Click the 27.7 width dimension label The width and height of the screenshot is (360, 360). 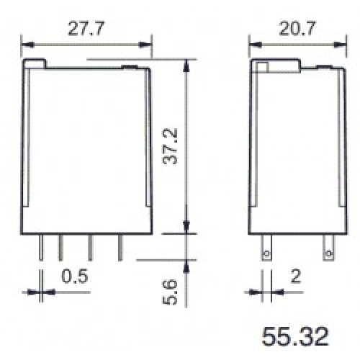coord(86,29)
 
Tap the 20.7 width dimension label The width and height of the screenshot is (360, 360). coord(297,29)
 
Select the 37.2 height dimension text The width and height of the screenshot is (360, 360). coord(170,146)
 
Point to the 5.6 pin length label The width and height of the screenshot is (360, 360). coord(170,292)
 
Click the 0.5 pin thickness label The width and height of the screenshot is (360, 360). coord(75,276)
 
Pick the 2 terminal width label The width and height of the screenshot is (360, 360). coord(295,276)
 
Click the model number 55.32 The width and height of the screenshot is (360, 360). coord(295,336)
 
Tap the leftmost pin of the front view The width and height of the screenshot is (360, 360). coord(41,247)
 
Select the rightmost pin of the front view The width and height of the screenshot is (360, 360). coord(120,247)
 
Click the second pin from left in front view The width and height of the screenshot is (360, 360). coord(61,247)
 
